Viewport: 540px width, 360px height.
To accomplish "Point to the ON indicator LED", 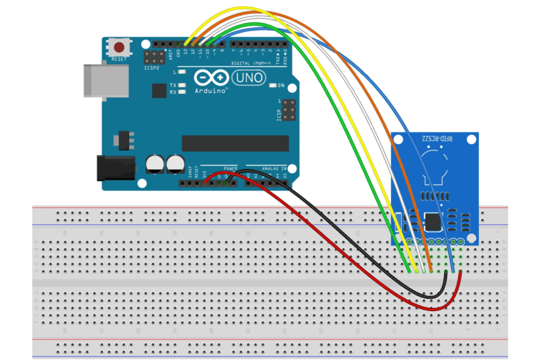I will [x=273, y=85].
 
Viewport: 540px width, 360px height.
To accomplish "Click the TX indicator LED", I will [x=182, y=85].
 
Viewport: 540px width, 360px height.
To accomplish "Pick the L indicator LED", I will [x=182, y=73].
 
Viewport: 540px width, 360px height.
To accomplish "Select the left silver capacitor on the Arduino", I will [x=154, y=164].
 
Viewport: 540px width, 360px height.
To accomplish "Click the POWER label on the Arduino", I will [x=230, y=168].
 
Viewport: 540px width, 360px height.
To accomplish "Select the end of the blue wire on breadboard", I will [x=452, y=270].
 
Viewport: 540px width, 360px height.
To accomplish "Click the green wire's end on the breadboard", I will [x=409, y=271].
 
